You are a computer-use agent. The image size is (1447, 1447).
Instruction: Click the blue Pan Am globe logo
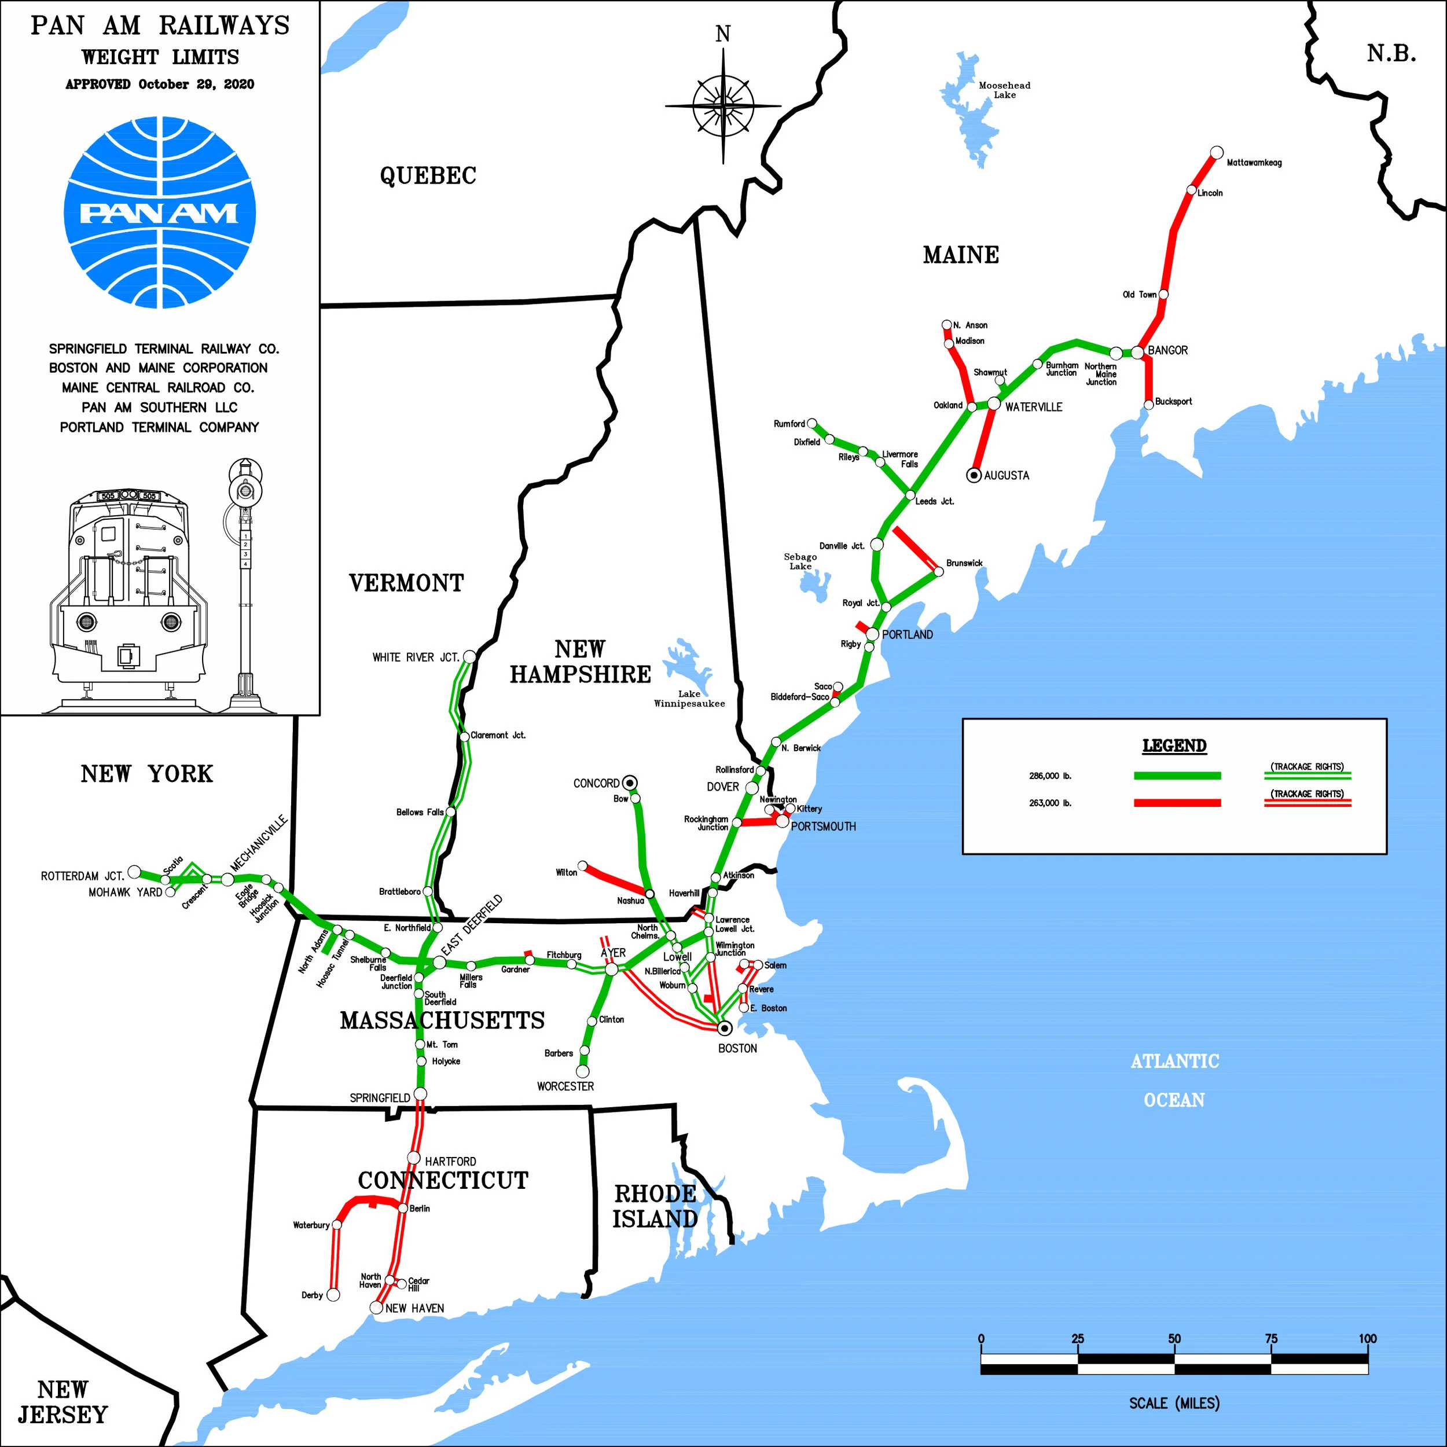click(x=160, y=212)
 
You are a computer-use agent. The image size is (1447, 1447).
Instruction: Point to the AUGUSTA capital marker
click(x=974, y=475)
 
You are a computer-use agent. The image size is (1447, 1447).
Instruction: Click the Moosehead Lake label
click(x=1004, y=90)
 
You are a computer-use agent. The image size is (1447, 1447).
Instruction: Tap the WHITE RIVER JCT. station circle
click(x=469, y=657)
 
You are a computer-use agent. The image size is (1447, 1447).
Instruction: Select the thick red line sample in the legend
click(x=1177, y=803)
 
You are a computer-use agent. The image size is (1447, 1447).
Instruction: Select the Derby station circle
click(x=334, y=1294)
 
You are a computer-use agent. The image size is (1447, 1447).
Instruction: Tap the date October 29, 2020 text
click(x=196, y=84)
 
